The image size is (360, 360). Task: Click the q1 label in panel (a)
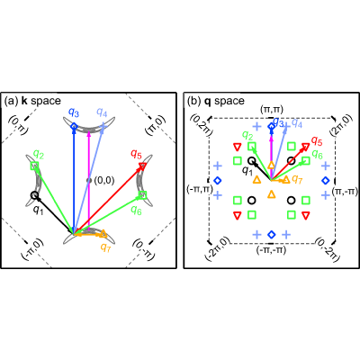pos(38,210)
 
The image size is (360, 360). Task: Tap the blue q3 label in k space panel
pos(74,112)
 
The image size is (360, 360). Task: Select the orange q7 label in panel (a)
pos(104,247)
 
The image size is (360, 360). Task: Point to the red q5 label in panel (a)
pos(136,155)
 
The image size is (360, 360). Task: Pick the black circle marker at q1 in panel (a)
pos(34,195)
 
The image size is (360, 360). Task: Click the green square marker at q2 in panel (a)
pos(34,166)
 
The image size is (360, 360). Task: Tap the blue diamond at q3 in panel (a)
pos(74,127)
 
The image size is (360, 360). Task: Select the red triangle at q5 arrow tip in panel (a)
pos(142,166)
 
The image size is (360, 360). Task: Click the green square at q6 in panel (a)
pos(143,195)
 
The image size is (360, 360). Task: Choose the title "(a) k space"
pos(32,101)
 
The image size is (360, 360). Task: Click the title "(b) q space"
pos(216,101)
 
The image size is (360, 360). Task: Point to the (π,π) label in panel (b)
pos(272,110)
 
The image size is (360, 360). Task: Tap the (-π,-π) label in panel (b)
pos(271,249)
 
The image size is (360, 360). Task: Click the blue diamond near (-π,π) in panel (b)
pos(218,180)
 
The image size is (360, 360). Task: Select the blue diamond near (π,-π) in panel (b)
pos(326,180)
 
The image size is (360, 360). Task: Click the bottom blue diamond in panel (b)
pos(272,234)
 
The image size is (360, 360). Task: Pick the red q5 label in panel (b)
pos(317,140)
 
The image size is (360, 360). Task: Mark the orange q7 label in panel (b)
pos(297,179)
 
